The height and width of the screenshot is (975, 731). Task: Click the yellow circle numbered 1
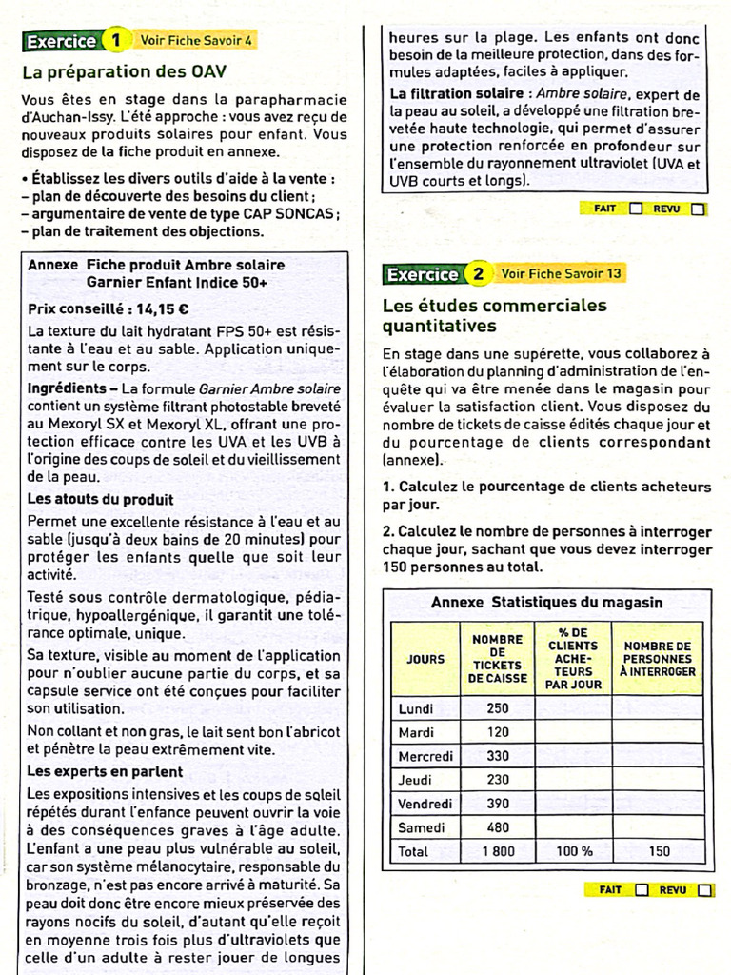116,41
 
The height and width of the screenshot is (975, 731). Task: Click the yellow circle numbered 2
479,274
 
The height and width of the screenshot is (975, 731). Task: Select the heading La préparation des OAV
124,71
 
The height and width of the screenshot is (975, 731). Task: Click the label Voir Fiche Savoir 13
562,274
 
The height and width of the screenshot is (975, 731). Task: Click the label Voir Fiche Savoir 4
196,41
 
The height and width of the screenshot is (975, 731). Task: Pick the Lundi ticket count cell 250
498,708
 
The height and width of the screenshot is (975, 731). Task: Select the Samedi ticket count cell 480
498,827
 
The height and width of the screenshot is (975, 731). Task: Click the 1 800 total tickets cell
498,851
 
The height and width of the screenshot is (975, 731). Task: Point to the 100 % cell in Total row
574,851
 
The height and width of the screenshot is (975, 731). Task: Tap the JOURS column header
425,659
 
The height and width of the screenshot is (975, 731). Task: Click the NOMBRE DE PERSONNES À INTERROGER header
659,659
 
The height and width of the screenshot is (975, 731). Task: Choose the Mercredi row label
425,756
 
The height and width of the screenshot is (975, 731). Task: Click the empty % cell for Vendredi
574,804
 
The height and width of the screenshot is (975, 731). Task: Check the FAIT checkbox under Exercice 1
636,209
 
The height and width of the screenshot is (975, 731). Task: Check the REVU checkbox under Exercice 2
703,890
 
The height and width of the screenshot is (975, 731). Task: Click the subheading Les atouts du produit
100,499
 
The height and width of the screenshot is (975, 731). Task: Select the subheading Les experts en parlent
105,771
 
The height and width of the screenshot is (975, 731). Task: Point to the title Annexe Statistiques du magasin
546,603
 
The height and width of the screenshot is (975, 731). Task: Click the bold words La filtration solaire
456,94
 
